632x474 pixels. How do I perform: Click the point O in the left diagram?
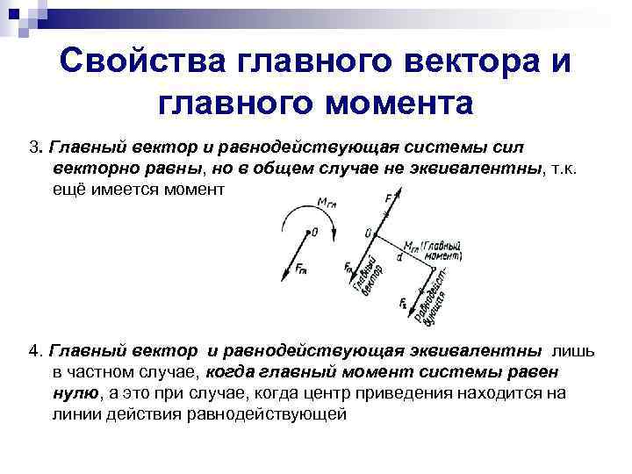[x=313, y=233]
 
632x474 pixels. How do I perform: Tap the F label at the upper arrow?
[x=389, y=199]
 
